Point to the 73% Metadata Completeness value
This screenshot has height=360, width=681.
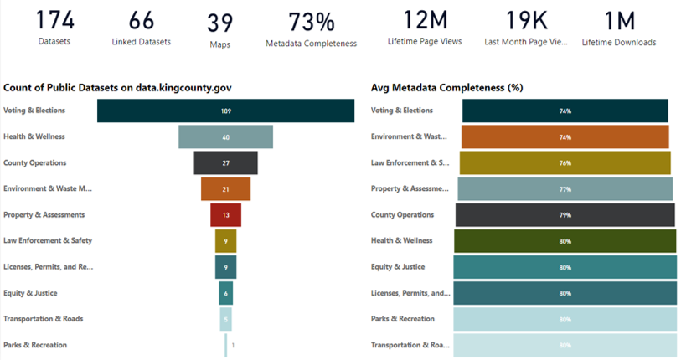(312, 23)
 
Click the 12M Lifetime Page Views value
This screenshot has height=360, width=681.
(424, 21)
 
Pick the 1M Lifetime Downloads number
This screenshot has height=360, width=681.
(619, 21)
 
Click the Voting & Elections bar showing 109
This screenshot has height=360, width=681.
(225, 111)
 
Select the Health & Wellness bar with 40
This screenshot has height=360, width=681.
(225, 136)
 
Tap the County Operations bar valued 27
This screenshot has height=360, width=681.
(225, 162)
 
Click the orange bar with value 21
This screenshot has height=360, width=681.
(225, 189)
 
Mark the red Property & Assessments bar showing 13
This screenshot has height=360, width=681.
(225, 215)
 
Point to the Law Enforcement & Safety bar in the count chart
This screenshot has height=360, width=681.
(225, 241)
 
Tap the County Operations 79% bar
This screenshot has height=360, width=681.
(565, 215)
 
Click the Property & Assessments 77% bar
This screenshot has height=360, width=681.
(565, 189)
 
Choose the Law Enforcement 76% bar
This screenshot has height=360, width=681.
(565, 162)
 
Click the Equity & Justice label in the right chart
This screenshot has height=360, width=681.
(398, 267)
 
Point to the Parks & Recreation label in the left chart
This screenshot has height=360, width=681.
(35, 345)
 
